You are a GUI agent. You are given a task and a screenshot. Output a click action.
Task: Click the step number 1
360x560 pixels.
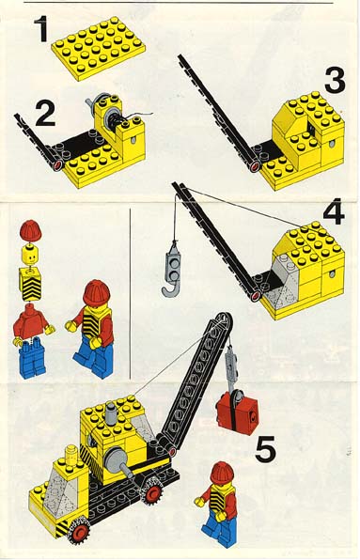[x=42, y=29]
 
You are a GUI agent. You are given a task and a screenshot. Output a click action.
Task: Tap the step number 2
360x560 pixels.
[x=45, y=114]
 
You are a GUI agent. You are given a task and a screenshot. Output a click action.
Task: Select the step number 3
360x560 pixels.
[x=335, y=80]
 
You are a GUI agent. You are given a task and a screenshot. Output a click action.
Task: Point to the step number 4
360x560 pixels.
[x=334, y=211]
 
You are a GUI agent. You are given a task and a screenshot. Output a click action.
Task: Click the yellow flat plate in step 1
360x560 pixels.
[x=98, y=48]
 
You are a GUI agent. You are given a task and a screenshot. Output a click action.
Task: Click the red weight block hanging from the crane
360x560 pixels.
[x=237, y=410]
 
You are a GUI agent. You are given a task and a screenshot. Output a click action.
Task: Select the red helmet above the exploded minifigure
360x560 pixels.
[x=31, y=230]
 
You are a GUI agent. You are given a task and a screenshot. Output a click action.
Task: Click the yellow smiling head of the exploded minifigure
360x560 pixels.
[x=30, y=255]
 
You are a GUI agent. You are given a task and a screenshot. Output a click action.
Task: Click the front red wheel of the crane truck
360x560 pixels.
[x=78, y=532]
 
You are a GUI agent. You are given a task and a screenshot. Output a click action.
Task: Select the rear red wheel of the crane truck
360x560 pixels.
[x=152, y=493]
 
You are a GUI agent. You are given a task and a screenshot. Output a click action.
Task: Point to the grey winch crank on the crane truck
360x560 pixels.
[x=118, y=461]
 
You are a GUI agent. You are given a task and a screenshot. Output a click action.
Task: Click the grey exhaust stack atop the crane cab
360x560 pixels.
[x=111, y=413]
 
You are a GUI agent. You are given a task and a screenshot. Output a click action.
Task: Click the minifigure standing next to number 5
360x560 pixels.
[x=218, y=505]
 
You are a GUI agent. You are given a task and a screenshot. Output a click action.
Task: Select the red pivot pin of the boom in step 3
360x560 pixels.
[x=255, y=166]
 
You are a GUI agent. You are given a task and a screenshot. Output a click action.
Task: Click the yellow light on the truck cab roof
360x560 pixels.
[x=70, y=453]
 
